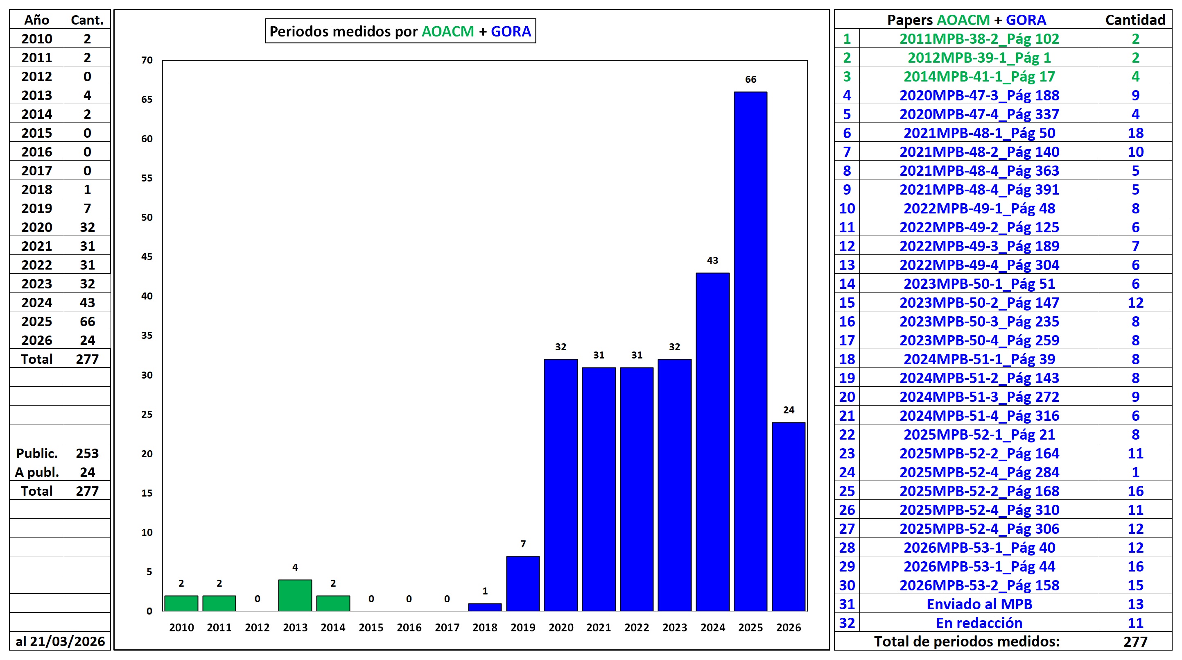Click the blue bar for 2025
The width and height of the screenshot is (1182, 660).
click(750, 352)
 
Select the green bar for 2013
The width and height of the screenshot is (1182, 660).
click(295, 595)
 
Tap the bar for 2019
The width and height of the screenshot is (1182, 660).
click(523, 583)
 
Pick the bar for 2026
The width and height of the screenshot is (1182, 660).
click(788, 517)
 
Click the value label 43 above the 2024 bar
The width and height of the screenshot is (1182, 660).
click(712, 261)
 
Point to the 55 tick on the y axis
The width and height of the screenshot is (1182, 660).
click(147, 178)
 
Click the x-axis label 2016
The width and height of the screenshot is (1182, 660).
click(409, 627)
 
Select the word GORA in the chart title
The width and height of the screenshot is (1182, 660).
click(511, 31)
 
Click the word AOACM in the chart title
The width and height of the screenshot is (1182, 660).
click(447, 31)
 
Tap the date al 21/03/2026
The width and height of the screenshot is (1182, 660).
click(60, 641)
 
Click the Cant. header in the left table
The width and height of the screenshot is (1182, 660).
click(87, 20)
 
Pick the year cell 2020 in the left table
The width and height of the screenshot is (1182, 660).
click(37, 227)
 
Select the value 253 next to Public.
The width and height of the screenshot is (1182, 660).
click(87, 454)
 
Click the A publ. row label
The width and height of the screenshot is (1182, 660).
click(37, 472)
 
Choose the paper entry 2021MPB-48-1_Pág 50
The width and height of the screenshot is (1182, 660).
click(979, 133)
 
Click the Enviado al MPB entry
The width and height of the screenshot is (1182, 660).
click(979, 604)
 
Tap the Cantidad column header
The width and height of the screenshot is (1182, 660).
click(1135, 20)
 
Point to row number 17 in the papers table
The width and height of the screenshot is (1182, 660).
click(847, 340)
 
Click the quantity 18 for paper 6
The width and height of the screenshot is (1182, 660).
click(1135, 133)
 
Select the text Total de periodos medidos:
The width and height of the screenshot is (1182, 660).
click(966, 641)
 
